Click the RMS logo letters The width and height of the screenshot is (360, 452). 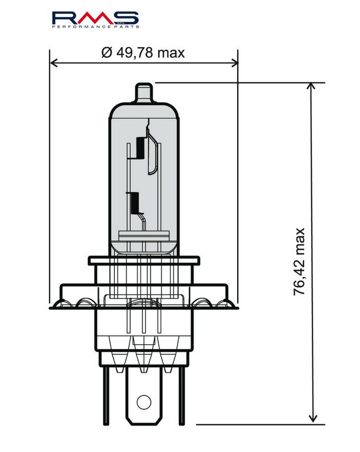[x=94, y=18]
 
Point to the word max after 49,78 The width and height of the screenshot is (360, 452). [x=171, y=53]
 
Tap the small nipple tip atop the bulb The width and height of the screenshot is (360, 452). [x=144, y=91]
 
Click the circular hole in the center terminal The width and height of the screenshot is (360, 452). [x=144, y=402]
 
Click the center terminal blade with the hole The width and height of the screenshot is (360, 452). [x=144, y=391]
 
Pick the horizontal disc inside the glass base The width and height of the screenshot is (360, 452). [x=144, y=236]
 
